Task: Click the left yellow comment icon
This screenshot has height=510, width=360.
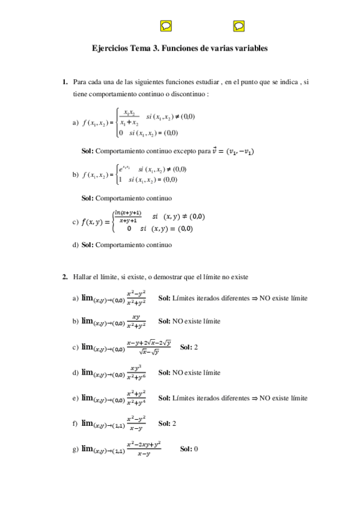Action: [x=166, y=25]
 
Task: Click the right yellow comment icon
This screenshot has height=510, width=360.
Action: [x=239, y=25]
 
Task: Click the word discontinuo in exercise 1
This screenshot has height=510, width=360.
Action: [x=188, y=94]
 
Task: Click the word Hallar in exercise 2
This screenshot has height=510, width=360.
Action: [x=83, y=277]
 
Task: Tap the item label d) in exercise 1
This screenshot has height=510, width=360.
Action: [x=75, y=245]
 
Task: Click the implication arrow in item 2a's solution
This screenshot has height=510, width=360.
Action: [x=254, y=298]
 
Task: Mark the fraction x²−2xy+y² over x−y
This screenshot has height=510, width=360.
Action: [x=144, y=449]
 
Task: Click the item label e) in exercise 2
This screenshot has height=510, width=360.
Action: [x=75, y=398]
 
